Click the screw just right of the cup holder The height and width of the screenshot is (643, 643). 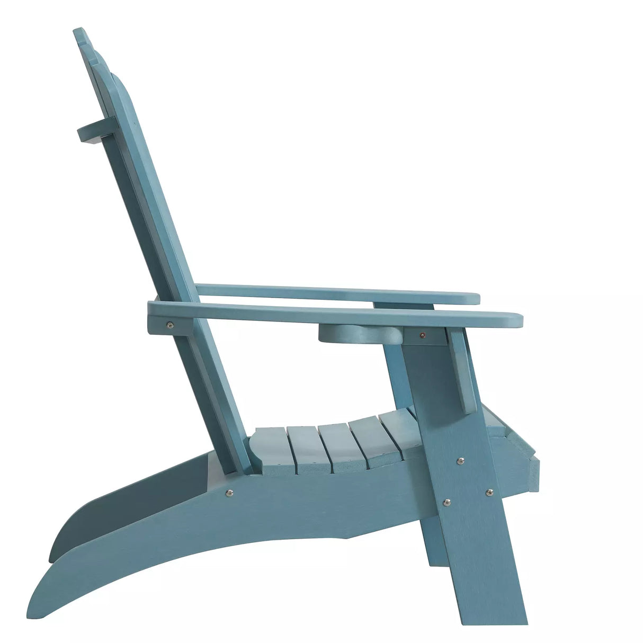(422, 335)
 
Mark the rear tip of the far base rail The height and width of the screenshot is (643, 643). (52, 556)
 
